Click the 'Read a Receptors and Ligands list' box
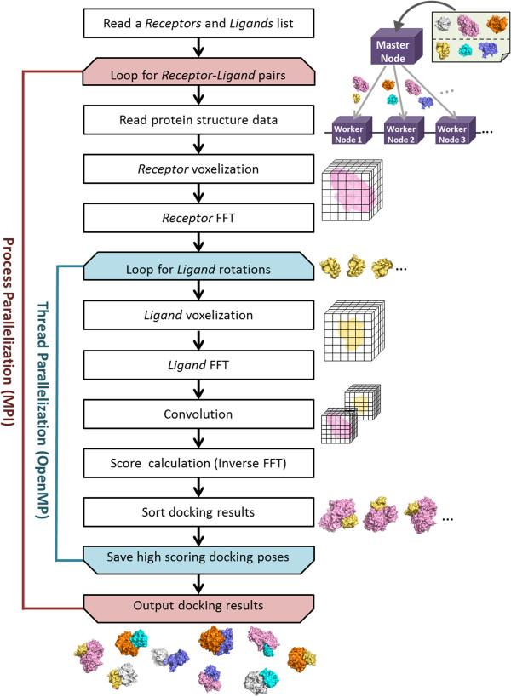[198, 22]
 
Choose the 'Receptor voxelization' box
[198, 169]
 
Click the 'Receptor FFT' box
[198, 217]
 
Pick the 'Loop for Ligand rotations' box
[198, 268]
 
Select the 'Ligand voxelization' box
[198, 317]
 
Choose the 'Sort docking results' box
[198, 511]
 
